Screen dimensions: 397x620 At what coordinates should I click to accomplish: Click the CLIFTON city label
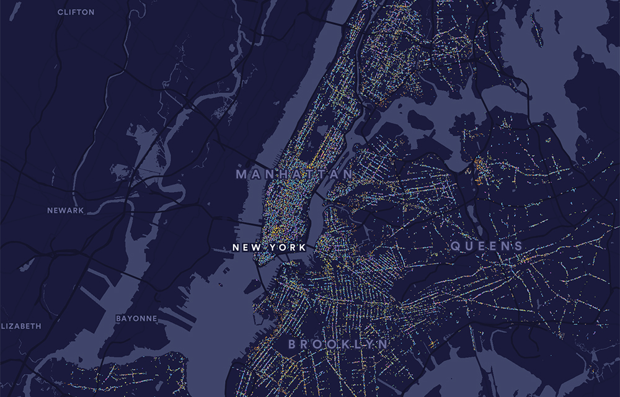coord(76,12)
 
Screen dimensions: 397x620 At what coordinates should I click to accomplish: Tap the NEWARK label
coord(65,210)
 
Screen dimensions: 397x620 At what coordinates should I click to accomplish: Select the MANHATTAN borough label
coord(294,175)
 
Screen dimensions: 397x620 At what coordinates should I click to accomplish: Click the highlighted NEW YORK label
coord(268,247)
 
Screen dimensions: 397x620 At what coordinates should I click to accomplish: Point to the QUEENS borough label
coord(487,246)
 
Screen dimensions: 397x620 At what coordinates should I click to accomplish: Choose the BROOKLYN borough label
coord(338,344)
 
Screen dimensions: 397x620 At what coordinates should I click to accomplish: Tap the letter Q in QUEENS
coord(455,246)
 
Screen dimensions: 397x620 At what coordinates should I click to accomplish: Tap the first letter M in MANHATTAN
coord(241,175)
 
